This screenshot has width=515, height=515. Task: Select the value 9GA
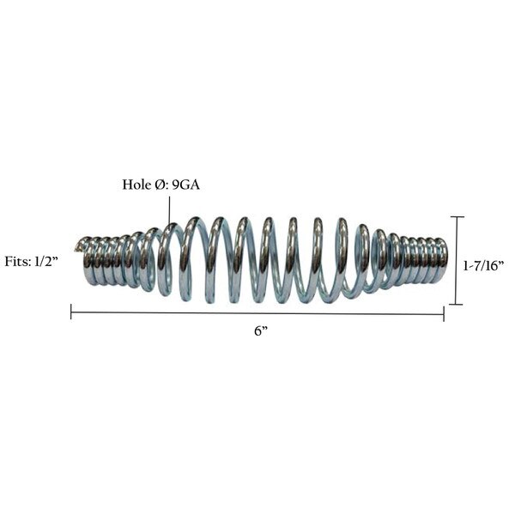coord(185,185)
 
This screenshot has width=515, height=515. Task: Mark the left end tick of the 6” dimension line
coord(71,313)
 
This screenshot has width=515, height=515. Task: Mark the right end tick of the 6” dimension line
coord(444,313)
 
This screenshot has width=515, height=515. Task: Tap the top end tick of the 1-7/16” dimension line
coord(457,217)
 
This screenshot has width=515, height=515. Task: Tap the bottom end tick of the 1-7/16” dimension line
coord(457,305)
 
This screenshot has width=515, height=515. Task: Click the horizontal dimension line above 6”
coord(257,313)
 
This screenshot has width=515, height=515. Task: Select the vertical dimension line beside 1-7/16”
coord(457,261)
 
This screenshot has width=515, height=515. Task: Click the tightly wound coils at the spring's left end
coord(107,260)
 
